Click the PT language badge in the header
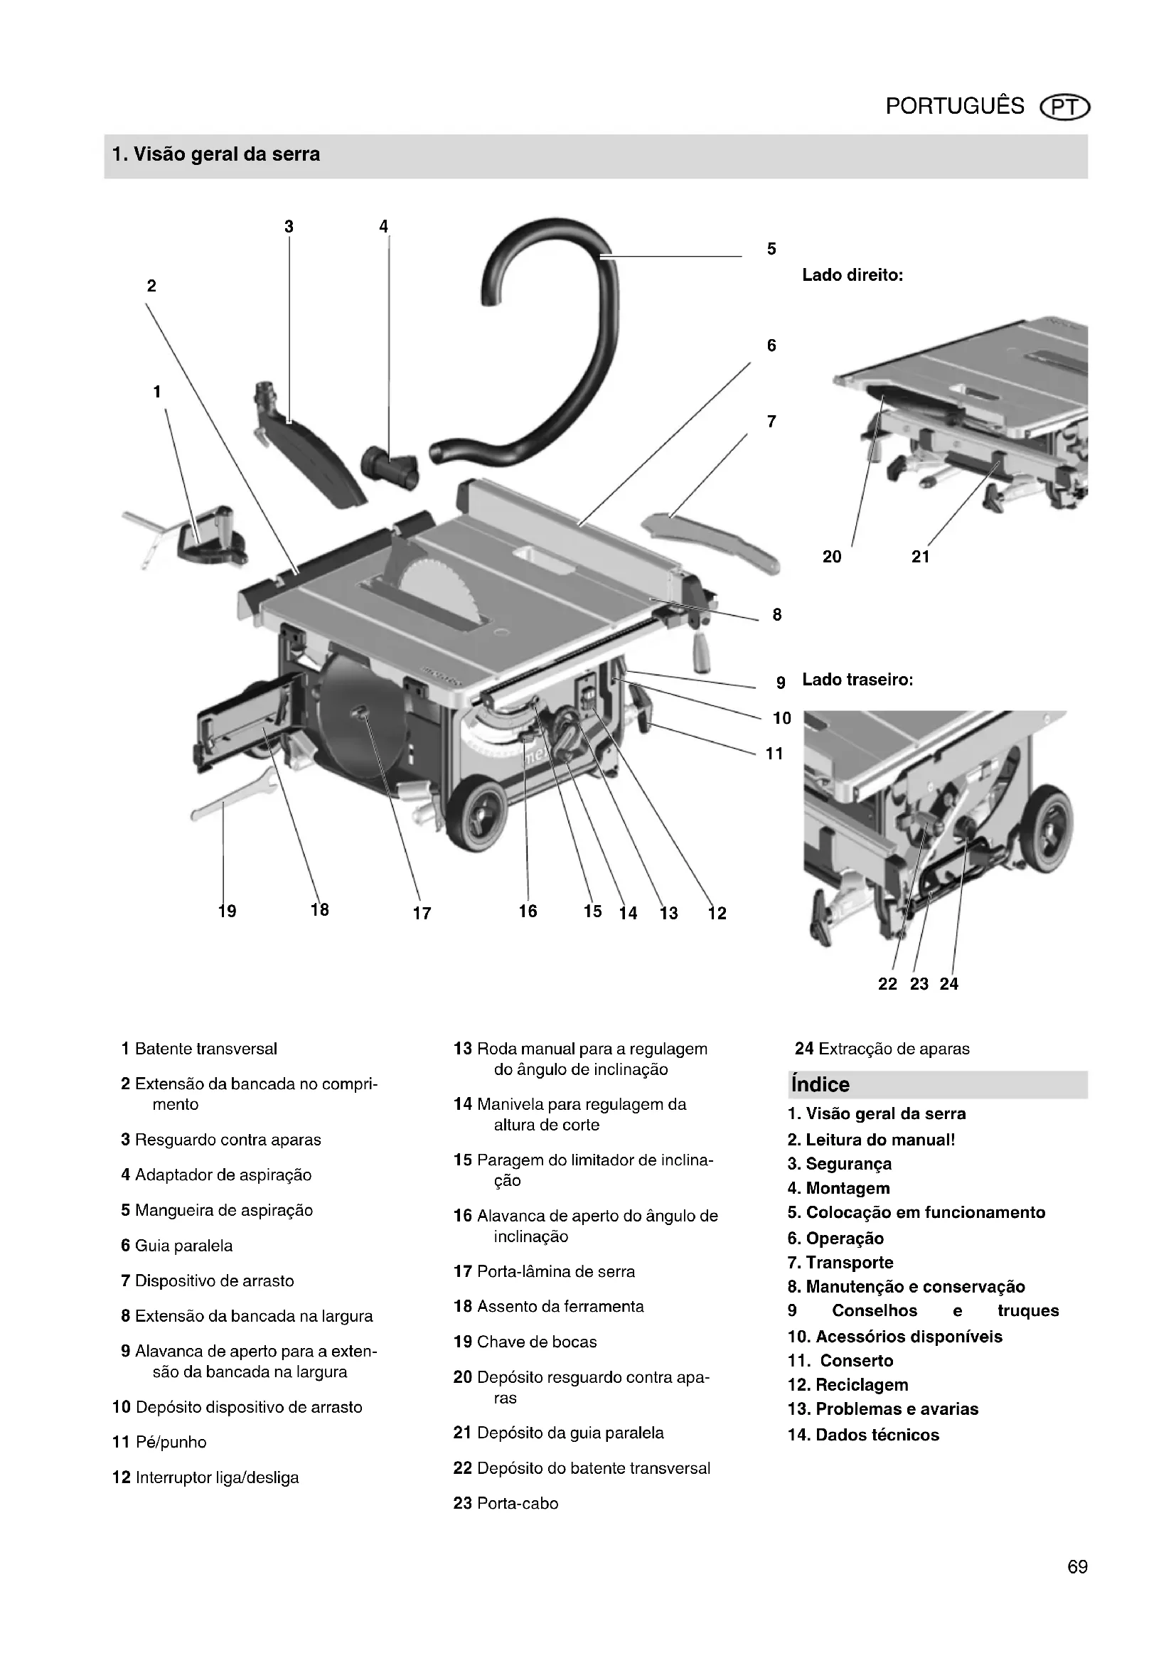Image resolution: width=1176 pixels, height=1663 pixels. [1064, 107]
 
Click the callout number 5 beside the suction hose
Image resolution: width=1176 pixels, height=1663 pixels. [771, 249]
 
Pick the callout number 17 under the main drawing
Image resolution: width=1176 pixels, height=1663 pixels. [422, 914]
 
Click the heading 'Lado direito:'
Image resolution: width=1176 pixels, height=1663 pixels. [852, 275]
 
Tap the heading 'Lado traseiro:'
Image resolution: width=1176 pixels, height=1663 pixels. [857, 680]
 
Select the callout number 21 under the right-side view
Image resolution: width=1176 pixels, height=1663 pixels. [919, 556]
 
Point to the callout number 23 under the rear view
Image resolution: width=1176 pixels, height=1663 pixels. [919, 983]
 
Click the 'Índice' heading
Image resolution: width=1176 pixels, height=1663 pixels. [820, 1084]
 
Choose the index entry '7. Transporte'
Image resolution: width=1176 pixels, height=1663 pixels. [840, 1263]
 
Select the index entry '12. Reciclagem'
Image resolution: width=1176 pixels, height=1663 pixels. [848, 1385]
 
